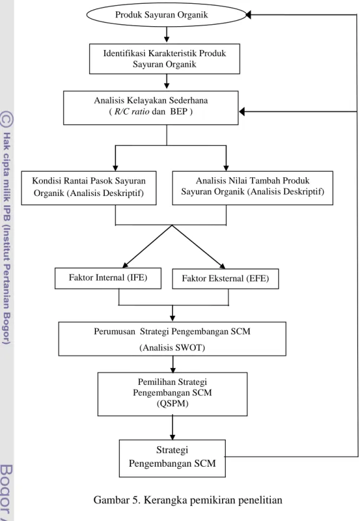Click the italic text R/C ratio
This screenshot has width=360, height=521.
click(x=132, y=111)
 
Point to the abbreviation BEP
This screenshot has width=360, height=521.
click(x=179, y=111)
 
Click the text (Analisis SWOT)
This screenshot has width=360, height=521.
click(x=172, y=348)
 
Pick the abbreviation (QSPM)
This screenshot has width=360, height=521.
click(x=172, y=403)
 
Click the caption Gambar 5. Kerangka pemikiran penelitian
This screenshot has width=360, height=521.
click(x=188, y=500)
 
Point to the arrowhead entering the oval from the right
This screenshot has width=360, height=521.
click(x=248, y=14)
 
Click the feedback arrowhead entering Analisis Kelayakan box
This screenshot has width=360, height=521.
click(x=242, y=111)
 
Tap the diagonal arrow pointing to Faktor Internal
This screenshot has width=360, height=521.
click(x=147, y=246)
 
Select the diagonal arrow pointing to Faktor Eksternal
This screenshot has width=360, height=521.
click(x=198, y=246)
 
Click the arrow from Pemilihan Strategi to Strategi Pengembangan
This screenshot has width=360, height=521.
click(x=172, y=427)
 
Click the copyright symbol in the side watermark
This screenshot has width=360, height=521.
click(x=7, y=119)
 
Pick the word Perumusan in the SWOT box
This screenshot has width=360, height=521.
click(x=114, y=331)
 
